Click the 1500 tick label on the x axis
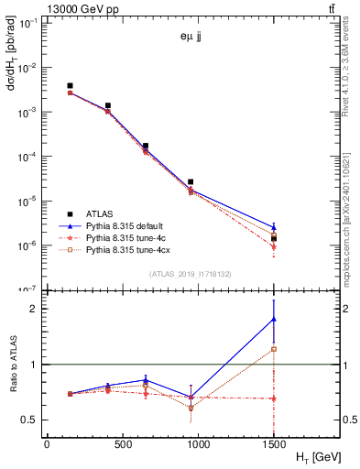click(273, 443)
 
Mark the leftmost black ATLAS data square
click(70, 86)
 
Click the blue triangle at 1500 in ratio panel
click(274, 319)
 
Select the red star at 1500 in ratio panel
click(274, 398)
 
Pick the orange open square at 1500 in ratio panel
click(274, 349)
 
